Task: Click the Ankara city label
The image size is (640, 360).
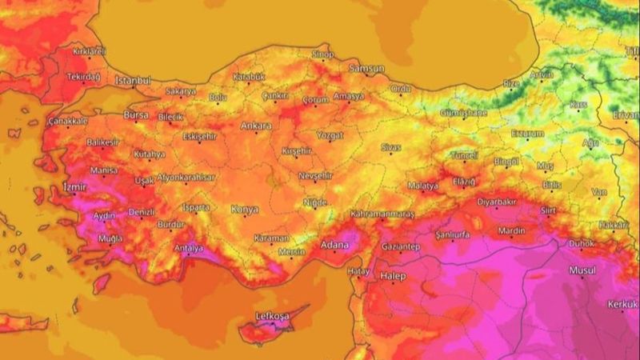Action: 256,126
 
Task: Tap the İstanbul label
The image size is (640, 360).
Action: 133,81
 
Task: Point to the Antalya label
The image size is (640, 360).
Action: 188,246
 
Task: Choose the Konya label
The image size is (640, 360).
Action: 244,210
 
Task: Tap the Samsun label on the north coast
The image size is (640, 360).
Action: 366,69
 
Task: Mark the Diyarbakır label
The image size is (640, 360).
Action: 498,203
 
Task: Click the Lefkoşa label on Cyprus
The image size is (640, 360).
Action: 271,316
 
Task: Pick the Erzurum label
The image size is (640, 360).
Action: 527,133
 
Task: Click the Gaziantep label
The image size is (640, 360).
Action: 401,246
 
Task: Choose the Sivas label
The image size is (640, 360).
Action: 390,147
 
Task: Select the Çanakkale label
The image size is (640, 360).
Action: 68,121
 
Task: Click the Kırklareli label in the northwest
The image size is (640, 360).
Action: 90,51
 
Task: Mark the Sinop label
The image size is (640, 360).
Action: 322,54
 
